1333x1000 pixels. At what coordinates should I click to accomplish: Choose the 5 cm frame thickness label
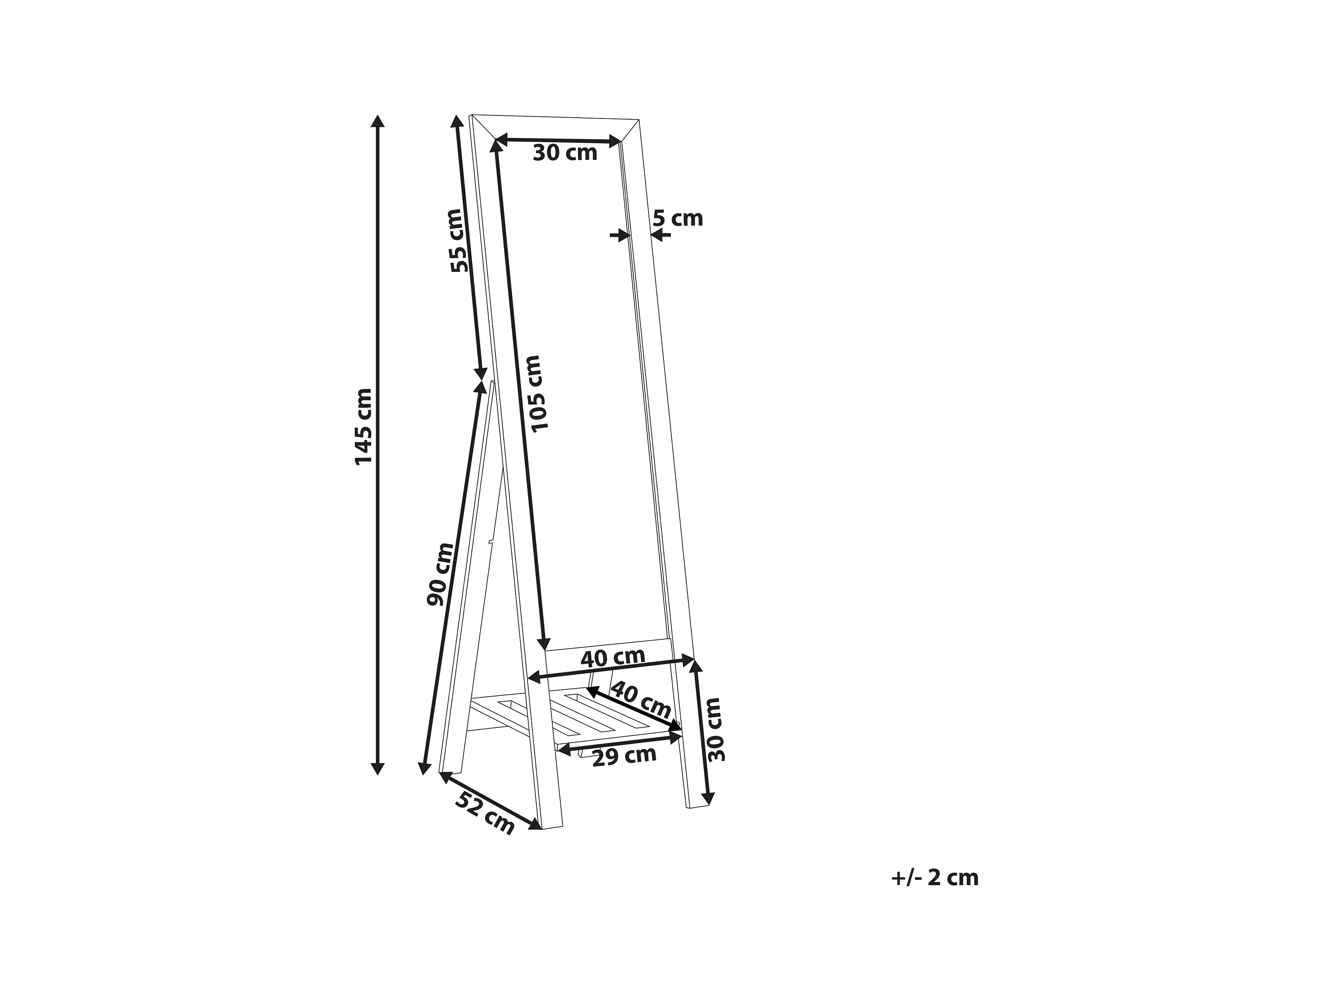tap(678, 218)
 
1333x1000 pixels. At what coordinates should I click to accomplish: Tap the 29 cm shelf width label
tap(624, 756)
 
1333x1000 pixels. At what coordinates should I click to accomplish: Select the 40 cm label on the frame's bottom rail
tap(613, 657)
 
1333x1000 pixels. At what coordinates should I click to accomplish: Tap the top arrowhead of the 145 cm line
tap(378, 120)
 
